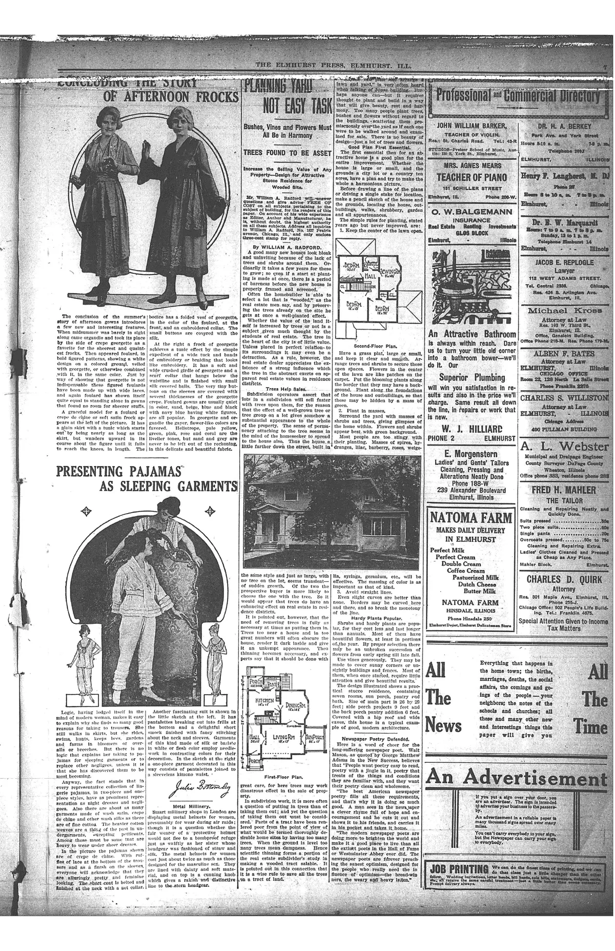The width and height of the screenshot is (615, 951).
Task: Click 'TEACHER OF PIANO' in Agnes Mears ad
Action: pyautogui.click(x=471, y=177)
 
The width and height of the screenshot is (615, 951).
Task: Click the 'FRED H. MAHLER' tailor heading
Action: pyautogui.click(x=563, y=490)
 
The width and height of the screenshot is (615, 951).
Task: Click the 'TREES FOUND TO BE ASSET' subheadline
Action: pyautogui.click(x=288, y=152)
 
